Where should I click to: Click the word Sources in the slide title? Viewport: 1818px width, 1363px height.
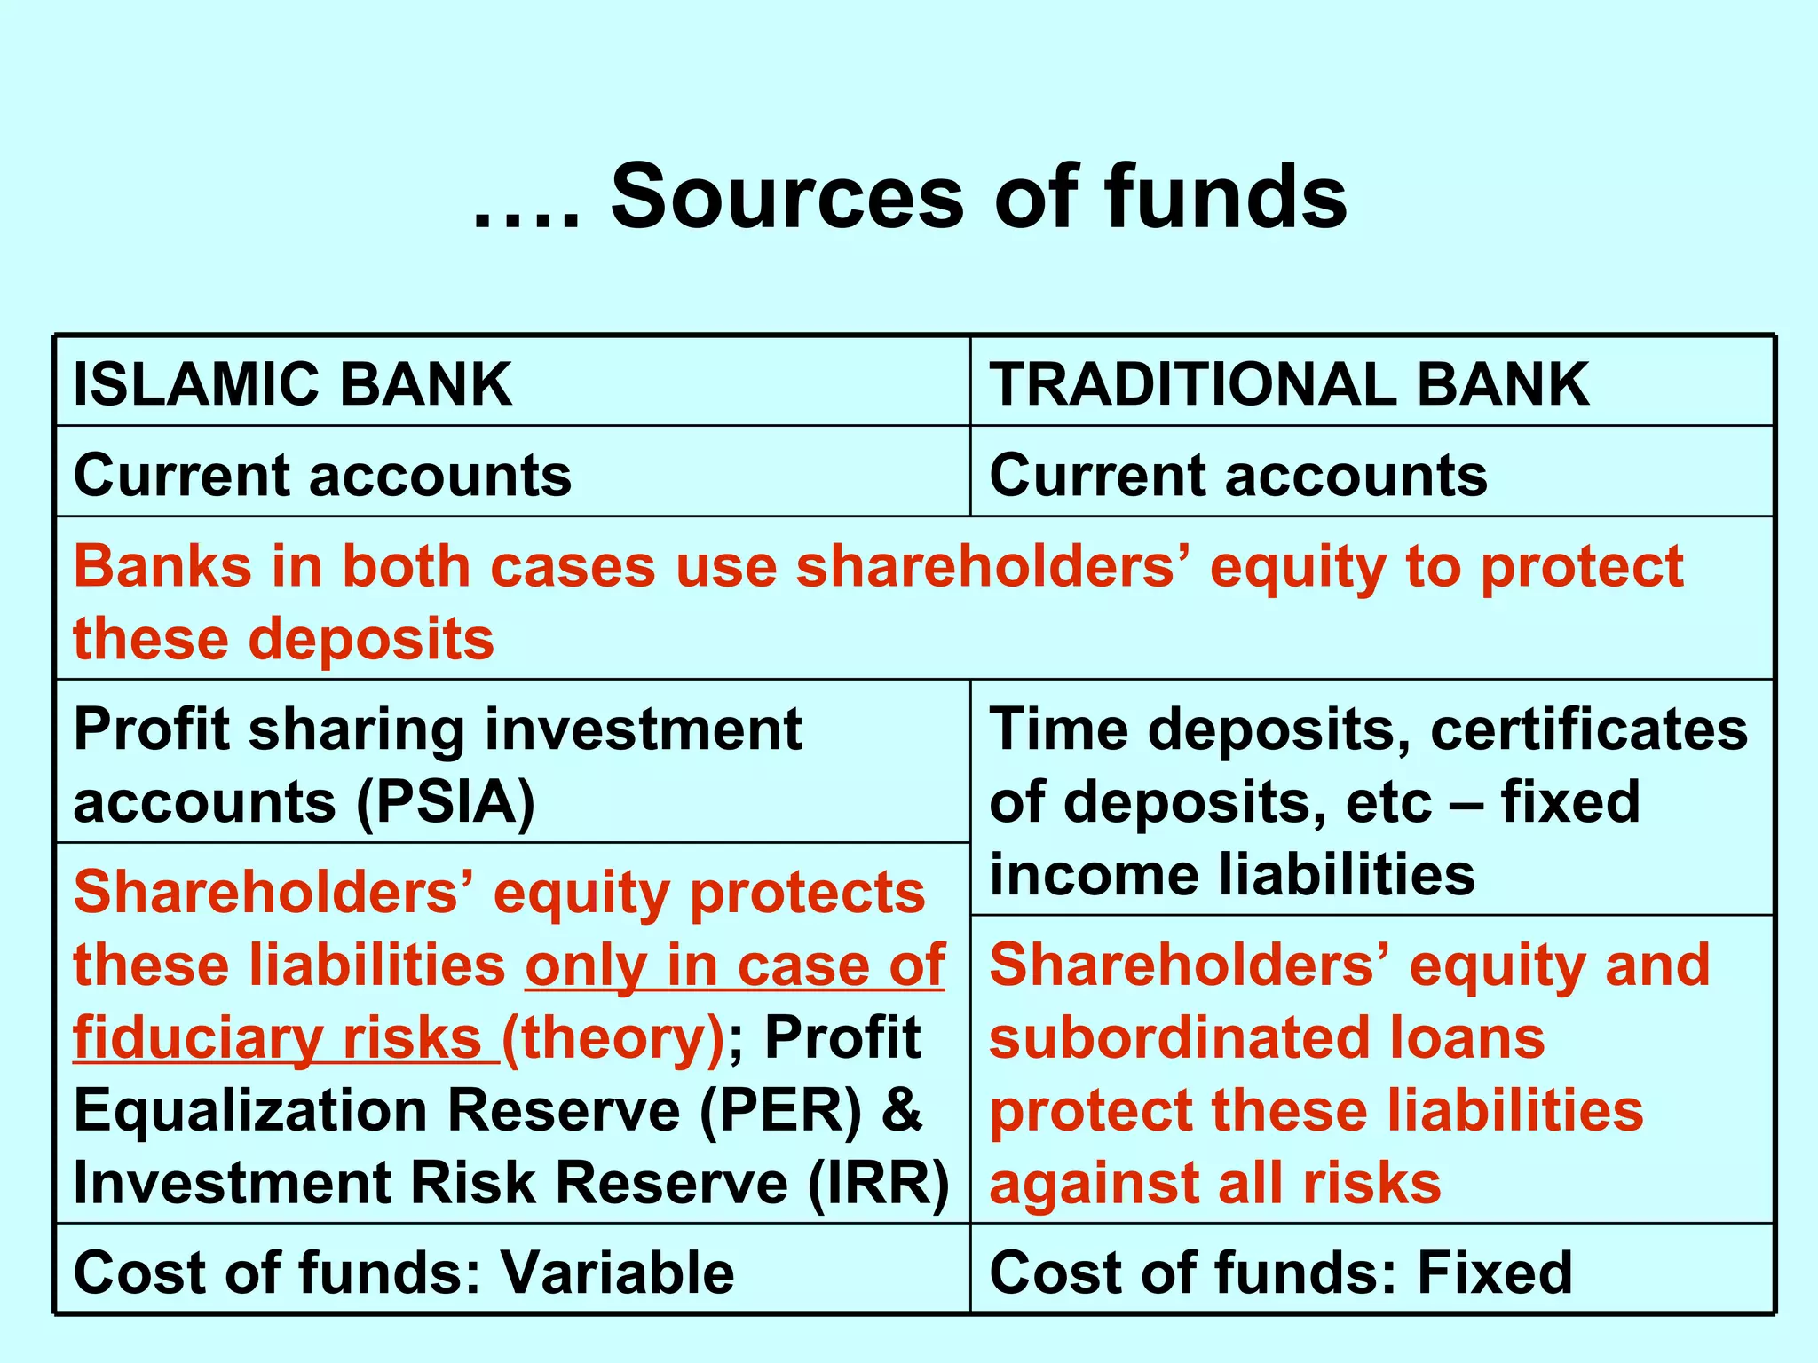pyautogui.click(x=786, y=197)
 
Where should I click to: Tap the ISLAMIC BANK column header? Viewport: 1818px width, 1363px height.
pyautogui.click(x=292, y=384)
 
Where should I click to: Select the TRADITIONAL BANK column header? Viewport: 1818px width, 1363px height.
pyautogui.click(x=1289, y=384)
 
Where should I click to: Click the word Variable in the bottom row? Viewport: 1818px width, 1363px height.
pyautogui.click(x=618, y=1272)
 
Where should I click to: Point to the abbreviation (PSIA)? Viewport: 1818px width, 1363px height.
pyautogui.click(x=446, y=802)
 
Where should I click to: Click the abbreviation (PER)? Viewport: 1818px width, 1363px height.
pyautogui.click(x=780, y=1110)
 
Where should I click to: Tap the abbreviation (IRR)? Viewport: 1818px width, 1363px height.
pyautogui.click(x=879, y=1183)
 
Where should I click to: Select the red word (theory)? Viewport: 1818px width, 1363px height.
pyautogui.click(x=613, y=1037)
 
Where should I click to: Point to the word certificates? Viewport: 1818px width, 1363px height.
pyautogui.click(x=1589, y=729)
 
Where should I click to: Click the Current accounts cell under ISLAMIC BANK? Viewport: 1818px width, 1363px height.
pyautogui.click(x=322, y=475)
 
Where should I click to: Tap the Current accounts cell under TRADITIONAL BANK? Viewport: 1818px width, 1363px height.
pyautogui.click(x=1238, y=475)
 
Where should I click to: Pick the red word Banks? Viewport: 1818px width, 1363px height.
pyautogui.click(x=162, y=566)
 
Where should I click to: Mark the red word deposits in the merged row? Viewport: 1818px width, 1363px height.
pyautogui.click(x=371, y=639)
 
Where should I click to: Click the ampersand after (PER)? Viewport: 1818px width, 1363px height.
pyautogui.click(x=902, y=1110)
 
